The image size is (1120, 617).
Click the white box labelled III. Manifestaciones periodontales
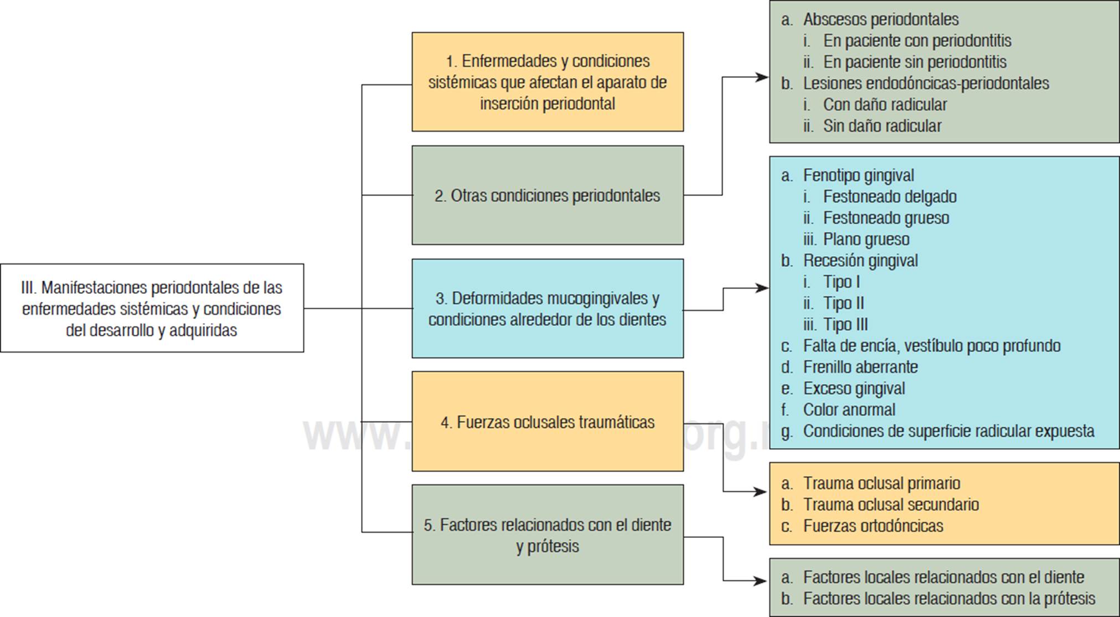[x=152, y=308]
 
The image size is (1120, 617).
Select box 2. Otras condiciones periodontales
[x=548, y=195]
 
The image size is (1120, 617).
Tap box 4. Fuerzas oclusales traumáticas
[x=548, y=422]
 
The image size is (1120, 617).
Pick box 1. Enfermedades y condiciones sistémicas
[x=548, y=82]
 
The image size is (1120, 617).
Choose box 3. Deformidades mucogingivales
[x=548, y=308]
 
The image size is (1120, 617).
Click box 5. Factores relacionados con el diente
[x=548, y=535]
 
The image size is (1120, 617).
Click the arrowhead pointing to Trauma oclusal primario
[x=762, y=492]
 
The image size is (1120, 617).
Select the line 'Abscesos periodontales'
[x=881, y=19]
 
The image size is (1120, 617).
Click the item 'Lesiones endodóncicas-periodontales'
[x=926, y=84]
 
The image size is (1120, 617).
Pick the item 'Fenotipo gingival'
[x=858, y=175]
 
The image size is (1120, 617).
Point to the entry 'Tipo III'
[x=845, y=324]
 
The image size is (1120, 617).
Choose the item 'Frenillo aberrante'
[x=860, y=367]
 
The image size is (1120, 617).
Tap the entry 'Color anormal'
[x=849, y=409]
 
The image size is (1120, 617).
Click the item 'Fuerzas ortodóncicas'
[x=873, y=526]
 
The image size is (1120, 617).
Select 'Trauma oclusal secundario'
[x=891, y=505]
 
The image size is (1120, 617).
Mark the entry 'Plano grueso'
[x=866, y=239]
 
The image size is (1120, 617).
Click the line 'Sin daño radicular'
[x=882, y=126]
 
